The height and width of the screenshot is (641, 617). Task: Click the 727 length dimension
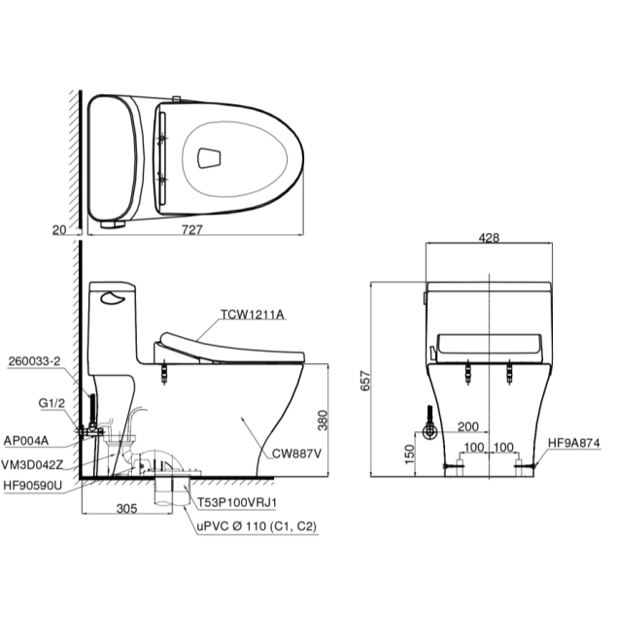pyautogui.click(x=191, y=229)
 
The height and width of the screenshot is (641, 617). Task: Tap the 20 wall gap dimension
pyautogui.click(x=59, y=230)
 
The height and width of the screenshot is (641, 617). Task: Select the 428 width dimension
pyautogui.click(x=489, y=238)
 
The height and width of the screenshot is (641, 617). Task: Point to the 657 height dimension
pyautogui.click(x=365, y=381)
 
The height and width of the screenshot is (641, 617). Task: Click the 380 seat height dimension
pyautogui.click(x=323, y=420)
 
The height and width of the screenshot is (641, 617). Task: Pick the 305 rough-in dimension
pyautogui.click(x=126, y=508)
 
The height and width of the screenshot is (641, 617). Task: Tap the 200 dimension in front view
pyautogui.click(x=468, y=426)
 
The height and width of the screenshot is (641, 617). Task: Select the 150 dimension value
pyautogui.click(x=409, y=455)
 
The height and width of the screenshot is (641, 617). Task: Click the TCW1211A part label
pyautogui.click(x=253, y=314)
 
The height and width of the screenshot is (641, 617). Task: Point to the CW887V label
pyautogui.click(x=297, y=454)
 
